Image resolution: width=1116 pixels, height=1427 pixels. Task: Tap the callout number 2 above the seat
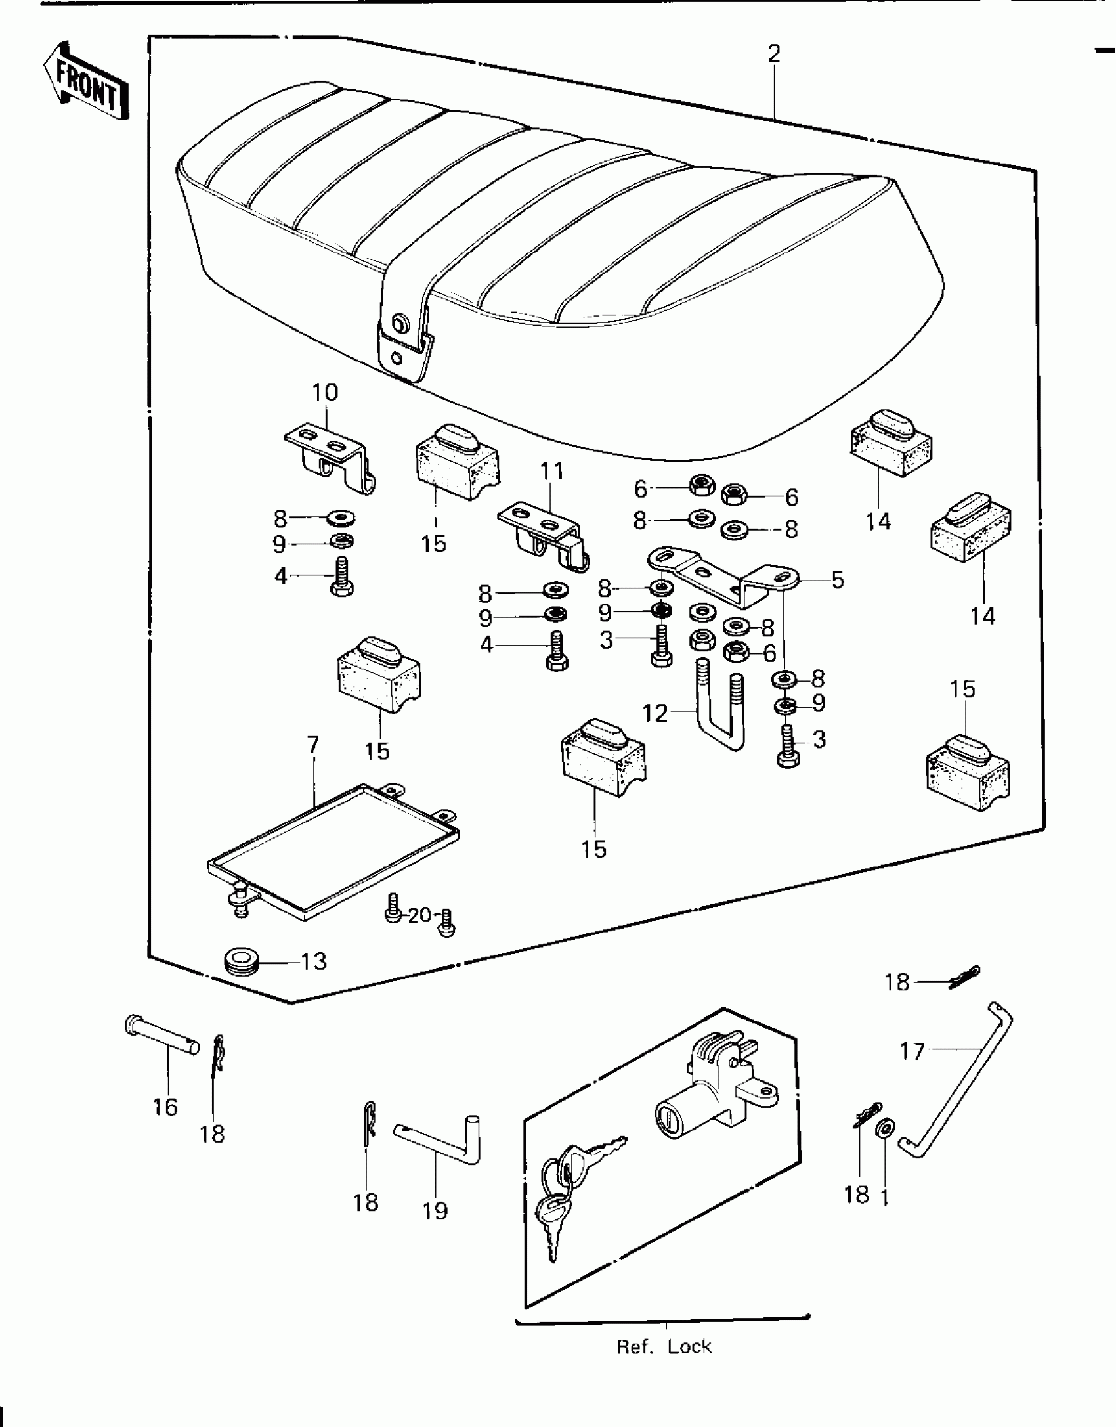click(775, 55)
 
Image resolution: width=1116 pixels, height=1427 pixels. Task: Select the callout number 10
click(325, 393)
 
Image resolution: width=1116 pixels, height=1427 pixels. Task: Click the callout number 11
click(552, 471)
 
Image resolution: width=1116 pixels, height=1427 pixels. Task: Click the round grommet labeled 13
click(242, 963)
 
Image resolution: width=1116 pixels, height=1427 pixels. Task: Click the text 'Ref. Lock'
click(664, 1347)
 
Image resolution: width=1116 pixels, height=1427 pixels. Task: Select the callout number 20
click(419, 915)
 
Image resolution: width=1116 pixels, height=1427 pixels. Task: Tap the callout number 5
click(838, 580)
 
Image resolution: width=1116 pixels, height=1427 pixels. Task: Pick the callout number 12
click(655, 713)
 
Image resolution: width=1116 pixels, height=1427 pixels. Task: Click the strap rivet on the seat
click(398, 322)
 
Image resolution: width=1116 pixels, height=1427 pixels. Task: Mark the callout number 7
click(312, 745)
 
